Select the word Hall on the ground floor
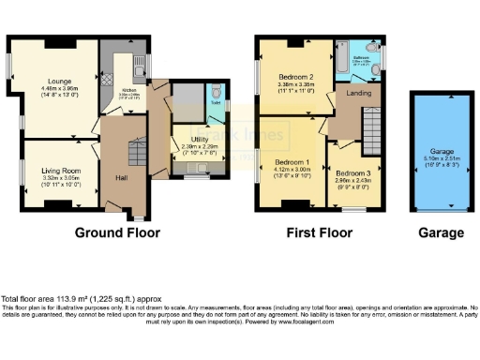tap(121, 176)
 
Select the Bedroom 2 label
tap(294, 77)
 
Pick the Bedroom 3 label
tap(353, 173)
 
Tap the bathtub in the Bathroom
tap(353, 49)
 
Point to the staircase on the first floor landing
tap(372, 120)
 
